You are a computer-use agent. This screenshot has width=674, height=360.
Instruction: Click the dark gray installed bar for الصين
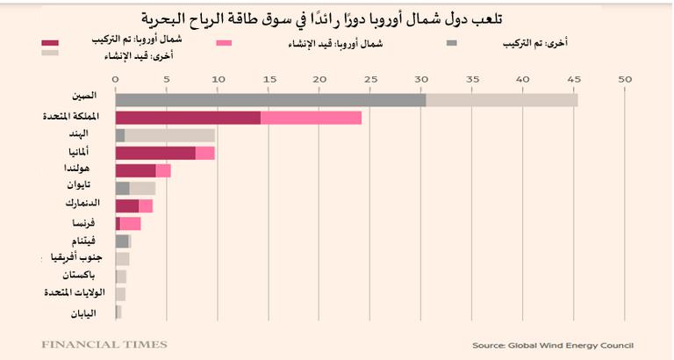tap(270, 100)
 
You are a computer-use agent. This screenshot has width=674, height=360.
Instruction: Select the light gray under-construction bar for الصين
tap(502, 100)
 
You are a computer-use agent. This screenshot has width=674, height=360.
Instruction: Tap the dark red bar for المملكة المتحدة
tap(188, 118)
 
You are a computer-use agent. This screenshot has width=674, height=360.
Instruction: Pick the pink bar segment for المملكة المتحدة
tap(311, 118)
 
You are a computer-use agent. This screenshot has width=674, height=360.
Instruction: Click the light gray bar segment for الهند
tap(169, 135)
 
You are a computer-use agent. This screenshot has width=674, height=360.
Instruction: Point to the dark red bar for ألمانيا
tap(155, 153)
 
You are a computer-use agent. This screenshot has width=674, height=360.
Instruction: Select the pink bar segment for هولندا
tap(163, 170)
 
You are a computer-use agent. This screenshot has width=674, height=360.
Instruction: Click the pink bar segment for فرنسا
tap(130, 223)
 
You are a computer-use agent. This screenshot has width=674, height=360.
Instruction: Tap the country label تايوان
tap(79, 187)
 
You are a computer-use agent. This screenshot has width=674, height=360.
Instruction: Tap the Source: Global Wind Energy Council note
tap(552, 345)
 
